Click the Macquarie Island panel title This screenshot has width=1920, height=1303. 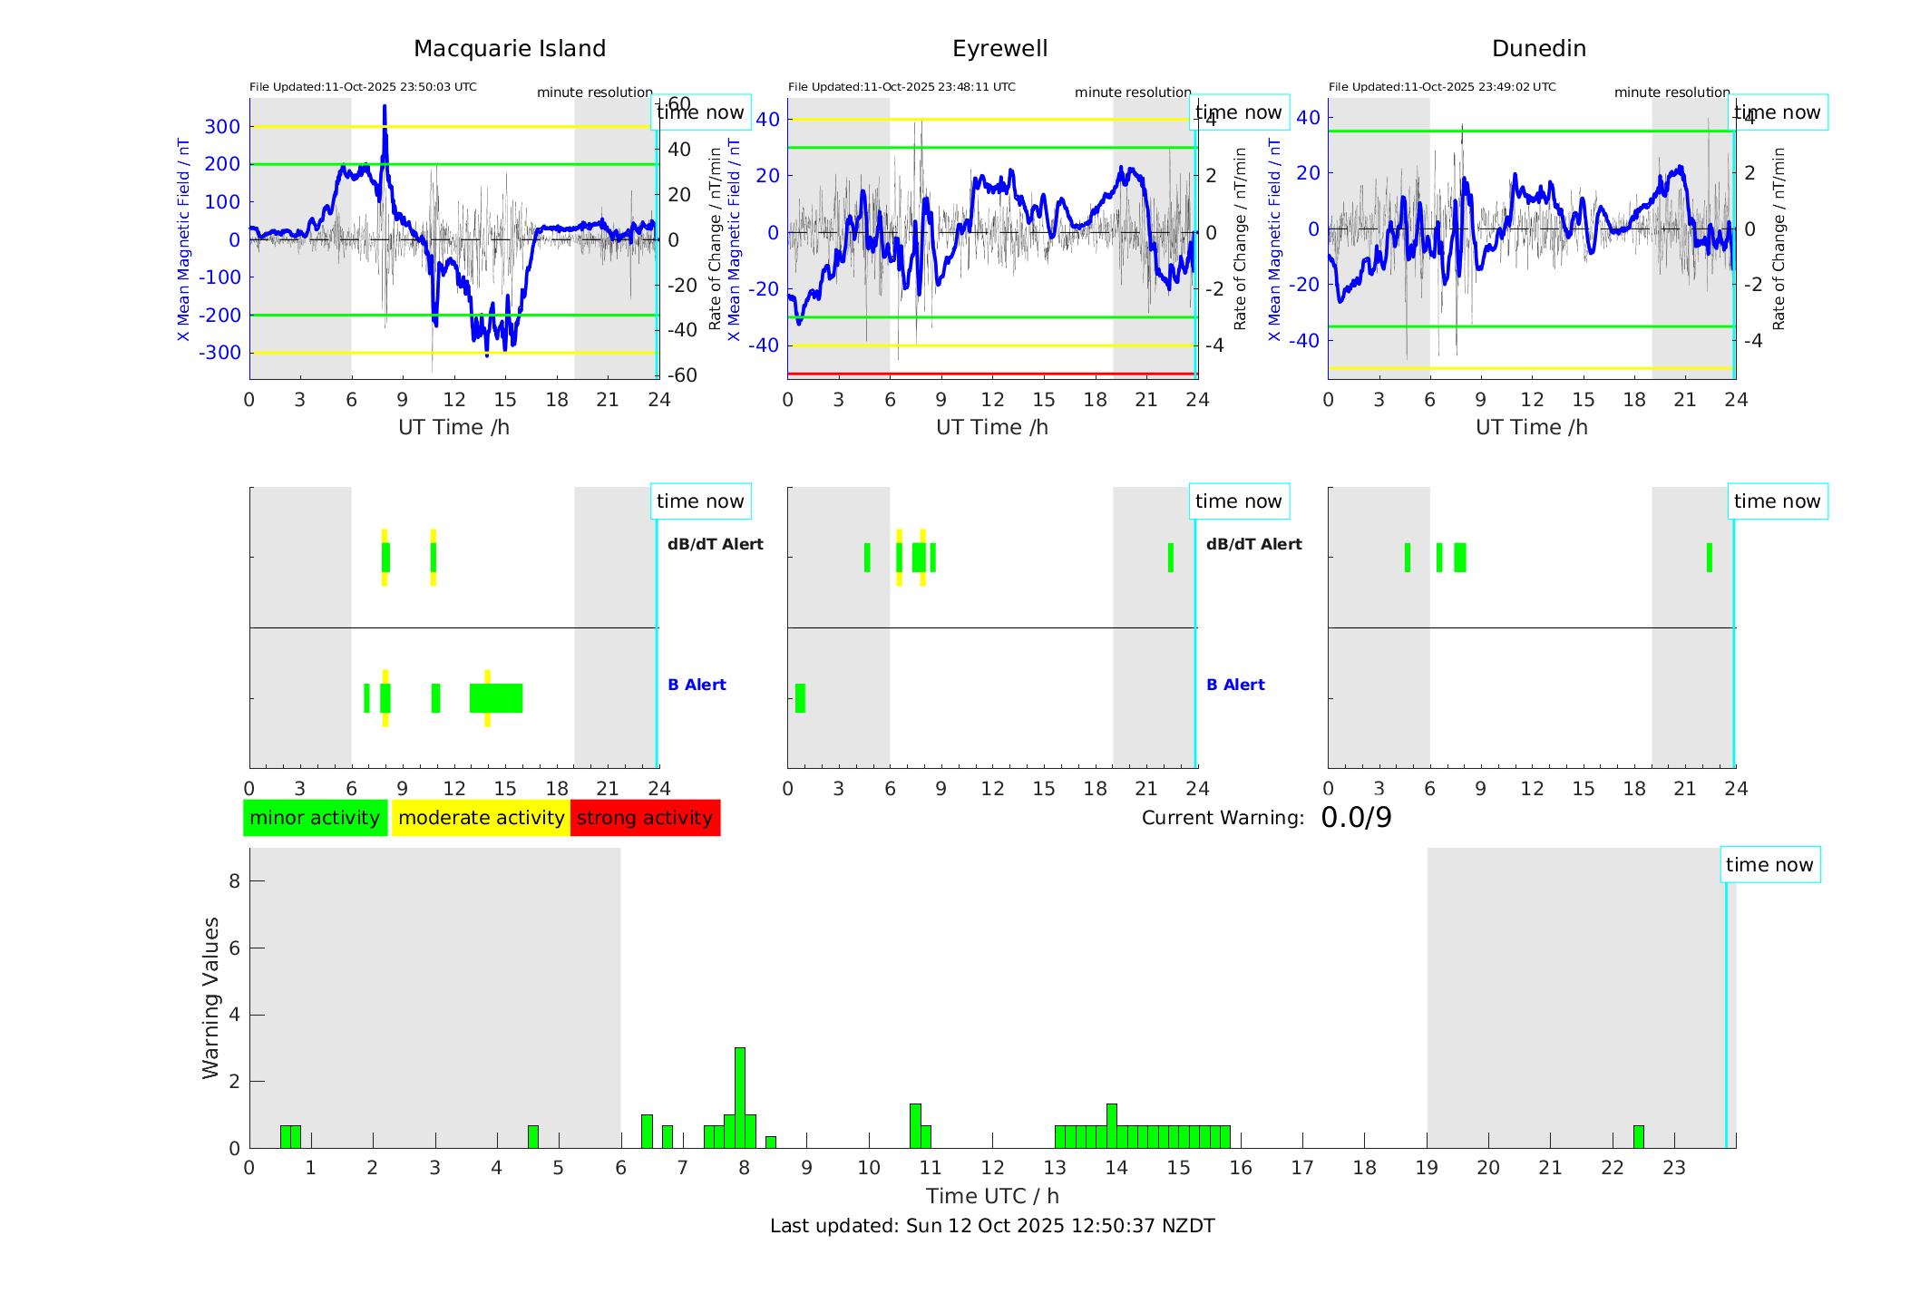[509, 49]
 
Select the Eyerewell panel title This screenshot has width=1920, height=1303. [999, 49]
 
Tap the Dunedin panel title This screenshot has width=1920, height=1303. [1538, 49]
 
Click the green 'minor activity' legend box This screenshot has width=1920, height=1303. [315, 818]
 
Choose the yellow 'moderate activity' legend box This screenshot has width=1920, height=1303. [481, 818]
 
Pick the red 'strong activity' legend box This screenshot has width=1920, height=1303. [645, 818]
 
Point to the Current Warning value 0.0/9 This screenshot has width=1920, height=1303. [1356, 818]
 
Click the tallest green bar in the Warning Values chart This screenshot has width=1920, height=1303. [740, 1097]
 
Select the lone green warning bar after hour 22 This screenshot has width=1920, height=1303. [1638, 1137]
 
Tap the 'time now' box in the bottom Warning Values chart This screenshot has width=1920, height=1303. [1769, 865]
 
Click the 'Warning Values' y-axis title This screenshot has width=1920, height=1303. [211, 997]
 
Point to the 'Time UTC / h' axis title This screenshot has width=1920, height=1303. [992, 1196]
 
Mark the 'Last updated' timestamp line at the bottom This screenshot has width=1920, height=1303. [992, 1226]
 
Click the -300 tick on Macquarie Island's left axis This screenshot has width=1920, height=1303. [220, 353]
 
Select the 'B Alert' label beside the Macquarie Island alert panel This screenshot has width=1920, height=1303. [697, 685]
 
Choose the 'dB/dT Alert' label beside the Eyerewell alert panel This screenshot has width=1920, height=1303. [1253, 544]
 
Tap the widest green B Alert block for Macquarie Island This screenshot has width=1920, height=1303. [496, 698]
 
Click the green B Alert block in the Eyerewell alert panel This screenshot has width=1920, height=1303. [800, 698]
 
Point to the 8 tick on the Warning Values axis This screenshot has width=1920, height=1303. [234, 880]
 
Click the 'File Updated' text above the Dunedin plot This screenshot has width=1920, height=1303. [1442, 87]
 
